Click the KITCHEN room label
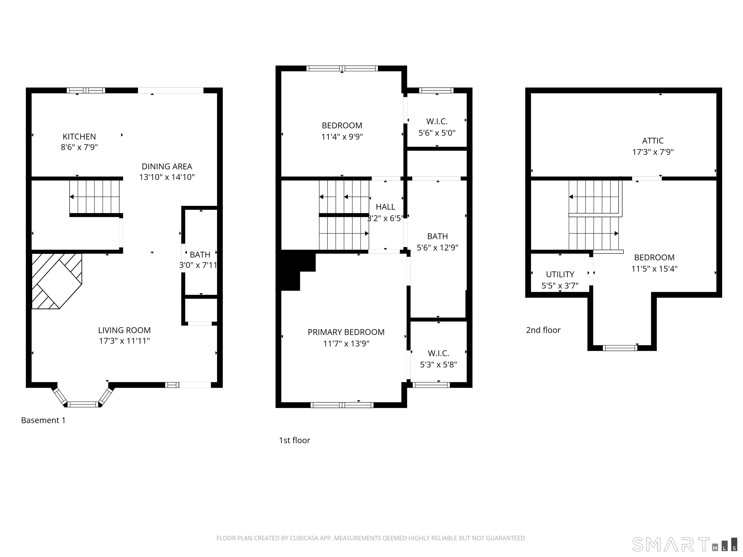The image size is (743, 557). [x=79, y=137]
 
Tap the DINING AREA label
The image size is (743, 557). [x=167, y=167]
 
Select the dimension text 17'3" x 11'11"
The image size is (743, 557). [x=124, y=341]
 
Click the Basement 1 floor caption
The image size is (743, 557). [x=43, y=420]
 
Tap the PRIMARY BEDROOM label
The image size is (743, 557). [x=346, y=332]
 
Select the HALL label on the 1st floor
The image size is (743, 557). [x=385, y=207]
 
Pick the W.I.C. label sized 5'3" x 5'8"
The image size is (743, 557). [x=438, y=353]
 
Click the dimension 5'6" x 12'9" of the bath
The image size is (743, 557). [x=437, y=248]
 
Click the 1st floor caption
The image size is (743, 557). [x=294, y=440]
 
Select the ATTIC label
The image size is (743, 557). [x=653, y=141]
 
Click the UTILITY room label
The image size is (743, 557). [x=560, y=274]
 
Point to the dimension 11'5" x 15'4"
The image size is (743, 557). [x=654, y=269]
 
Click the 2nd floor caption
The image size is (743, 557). [x=543, y=330]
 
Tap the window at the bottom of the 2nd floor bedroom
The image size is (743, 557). [x=620, y=348]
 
